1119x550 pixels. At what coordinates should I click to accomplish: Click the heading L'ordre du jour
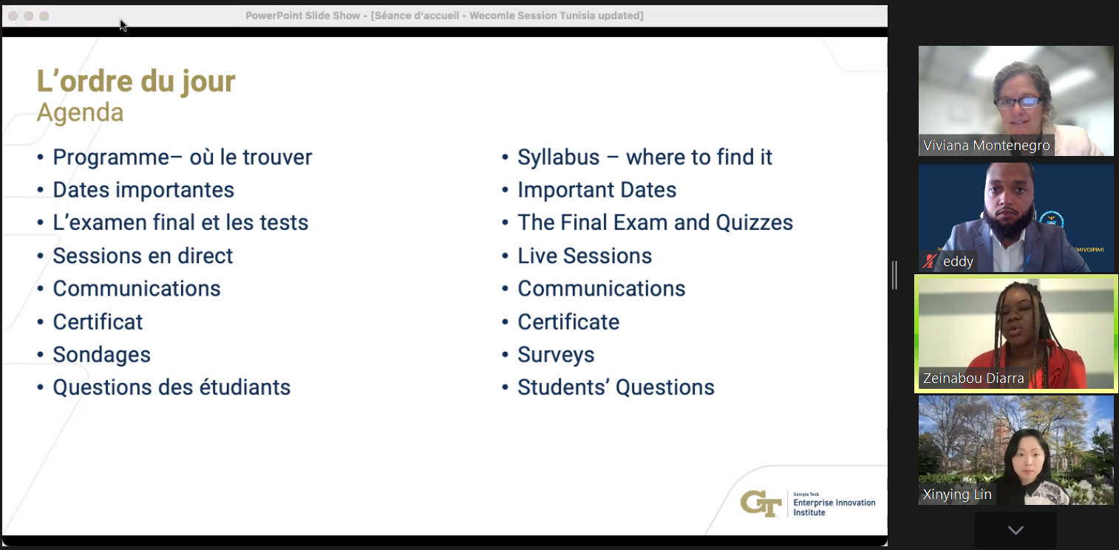coord(136,82)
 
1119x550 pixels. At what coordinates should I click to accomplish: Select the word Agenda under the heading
coord(80,113)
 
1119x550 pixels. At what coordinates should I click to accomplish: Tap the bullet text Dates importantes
coord(143,190)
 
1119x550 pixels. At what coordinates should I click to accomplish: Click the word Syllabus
coord(558,158)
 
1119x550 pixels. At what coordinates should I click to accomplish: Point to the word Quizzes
coord(755,223)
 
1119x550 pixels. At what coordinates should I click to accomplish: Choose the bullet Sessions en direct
coord(143,256)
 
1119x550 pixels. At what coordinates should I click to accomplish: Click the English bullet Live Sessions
coord(585,256)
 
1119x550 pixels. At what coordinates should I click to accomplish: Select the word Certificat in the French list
coord(98,322)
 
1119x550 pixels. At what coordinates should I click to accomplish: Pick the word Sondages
coord(102,355)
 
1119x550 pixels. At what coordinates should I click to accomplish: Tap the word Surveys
coord(556,355)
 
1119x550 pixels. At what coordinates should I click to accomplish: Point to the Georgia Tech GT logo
coord(761,503)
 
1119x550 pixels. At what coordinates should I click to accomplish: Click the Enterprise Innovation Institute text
coord(834,507)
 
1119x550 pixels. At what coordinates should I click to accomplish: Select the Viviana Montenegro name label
coord(986,146)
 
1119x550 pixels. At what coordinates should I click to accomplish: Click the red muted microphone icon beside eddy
coord(929,261)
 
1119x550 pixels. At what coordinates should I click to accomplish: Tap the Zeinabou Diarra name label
coord(973,378)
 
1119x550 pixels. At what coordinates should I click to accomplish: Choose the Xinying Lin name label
coord(956,494)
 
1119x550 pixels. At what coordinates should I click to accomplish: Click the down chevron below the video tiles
coord(1016,530)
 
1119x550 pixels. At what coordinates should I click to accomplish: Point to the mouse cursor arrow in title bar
coord(123,25)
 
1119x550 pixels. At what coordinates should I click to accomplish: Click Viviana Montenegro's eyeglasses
coord(1018,103)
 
